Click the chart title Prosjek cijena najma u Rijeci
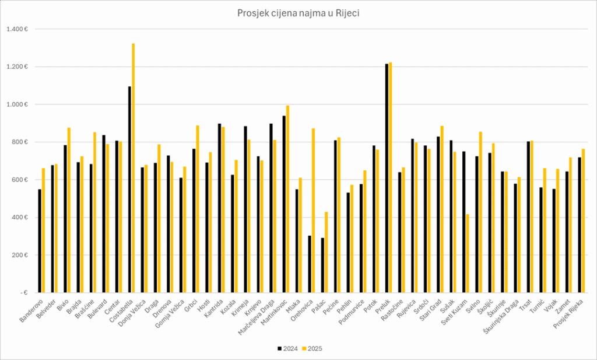point(298,13)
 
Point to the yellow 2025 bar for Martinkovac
point(287,199)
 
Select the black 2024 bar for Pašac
point(322,265)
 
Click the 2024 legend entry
point(287,348)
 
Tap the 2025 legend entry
point(312,348)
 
